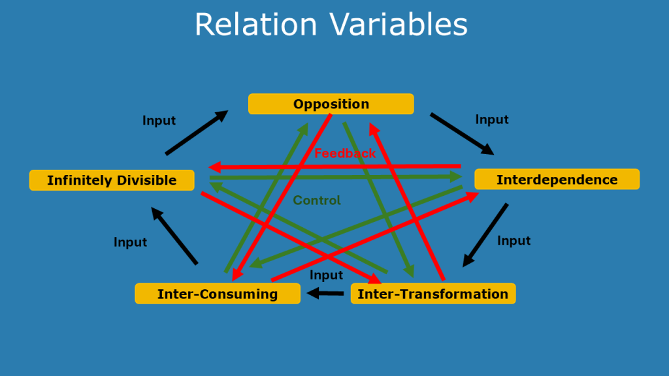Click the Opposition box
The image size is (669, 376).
(331, 104)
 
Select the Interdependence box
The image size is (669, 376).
(557, 180)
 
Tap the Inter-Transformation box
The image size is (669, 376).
(433, 294)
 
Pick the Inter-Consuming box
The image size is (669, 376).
(218, 294)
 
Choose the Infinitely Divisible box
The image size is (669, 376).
(112, 180)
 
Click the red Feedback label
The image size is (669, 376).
(345, 153)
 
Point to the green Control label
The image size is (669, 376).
(317, 200)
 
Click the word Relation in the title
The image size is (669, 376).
(255, 25)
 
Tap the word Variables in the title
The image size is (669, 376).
(398, 25)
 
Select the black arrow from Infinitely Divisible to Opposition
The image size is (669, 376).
(196, 133)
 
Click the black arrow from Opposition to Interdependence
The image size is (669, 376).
(461, 134)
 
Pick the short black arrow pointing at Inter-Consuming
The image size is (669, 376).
(325, 294)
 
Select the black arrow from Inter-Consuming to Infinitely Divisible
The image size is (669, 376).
(174, 236)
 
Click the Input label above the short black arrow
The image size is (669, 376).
(326, 275)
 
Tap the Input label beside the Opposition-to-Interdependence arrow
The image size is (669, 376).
(491, 119)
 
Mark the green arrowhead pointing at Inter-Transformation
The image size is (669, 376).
(410, 272)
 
